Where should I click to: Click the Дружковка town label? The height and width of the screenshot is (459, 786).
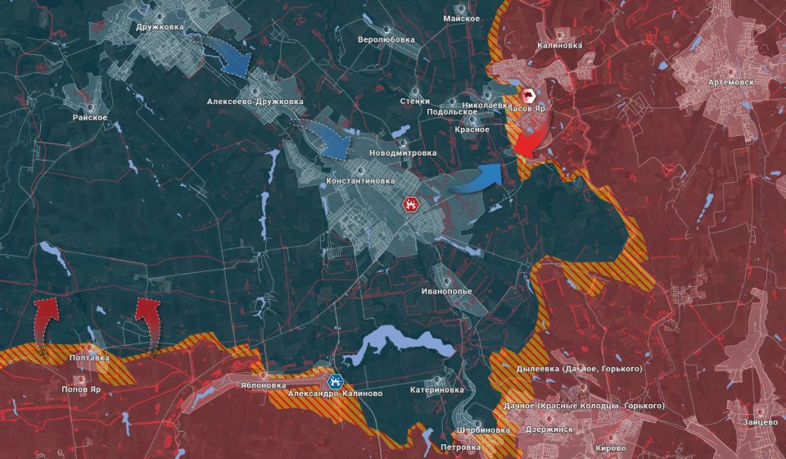pyautogui.click(x=160, y=27)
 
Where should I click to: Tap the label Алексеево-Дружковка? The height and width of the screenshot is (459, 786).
pyautogui.click(x=255, y=102)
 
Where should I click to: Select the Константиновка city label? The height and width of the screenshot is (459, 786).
pyautogui.click(x=360, y=180)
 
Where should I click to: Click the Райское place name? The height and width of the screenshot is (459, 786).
pyautogui.click(x=90, y=117)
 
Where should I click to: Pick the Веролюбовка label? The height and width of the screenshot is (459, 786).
pyautogui.click(x=386, y=39)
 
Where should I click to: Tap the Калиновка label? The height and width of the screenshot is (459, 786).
pyautogui.click(x=560, y=46)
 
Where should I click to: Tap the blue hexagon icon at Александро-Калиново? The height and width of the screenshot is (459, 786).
pyautogui.click(x=335, y=380)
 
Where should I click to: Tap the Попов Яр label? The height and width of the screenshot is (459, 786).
pyautogui.click(x=80, y=390)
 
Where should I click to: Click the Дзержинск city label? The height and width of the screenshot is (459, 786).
pyautogui.click(x=550, y=427)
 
